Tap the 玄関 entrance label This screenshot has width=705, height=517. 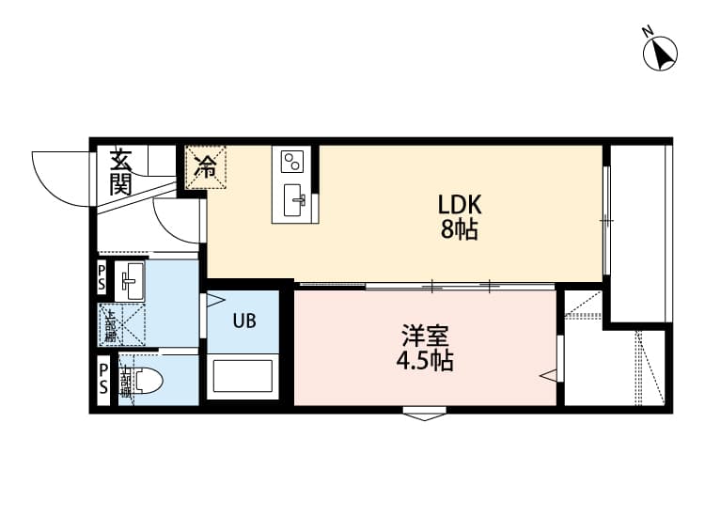(120, 172)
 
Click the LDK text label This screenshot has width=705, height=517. (460, 205)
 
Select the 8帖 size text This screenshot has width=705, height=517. (460, 229)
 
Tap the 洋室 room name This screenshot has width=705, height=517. (426, 335)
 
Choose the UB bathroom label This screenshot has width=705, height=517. (244, 321)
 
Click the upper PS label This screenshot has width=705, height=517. (102, 279)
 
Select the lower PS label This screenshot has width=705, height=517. (102, 380)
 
